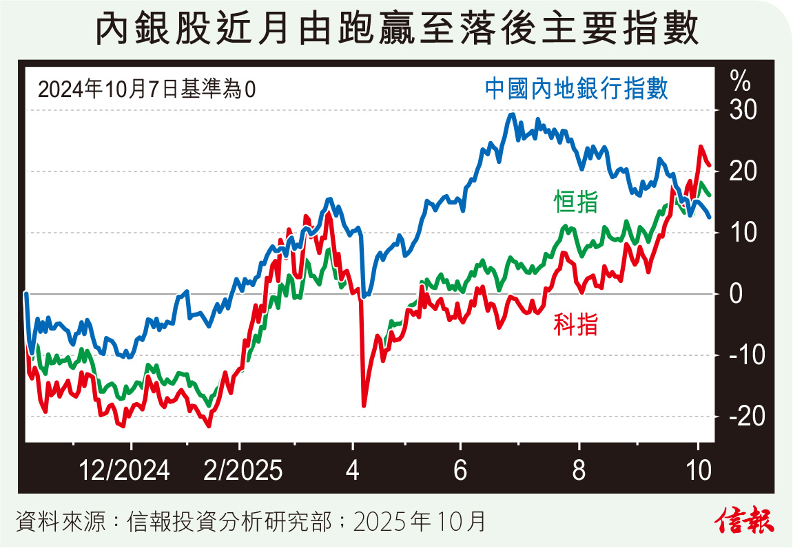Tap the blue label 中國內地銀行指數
tap(576, 89)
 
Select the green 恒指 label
tap(575, 202)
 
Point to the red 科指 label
tap(575, 324)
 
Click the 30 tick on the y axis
tap(739, 110)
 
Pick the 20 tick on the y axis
tap(739, 171)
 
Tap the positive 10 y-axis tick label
tap(739, 233)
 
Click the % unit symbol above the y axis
tap(741, 82)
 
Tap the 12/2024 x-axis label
tap(124, 472)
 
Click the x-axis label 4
tap(353, 472)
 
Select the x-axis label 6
tap(461, 472)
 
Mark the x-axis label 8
tap(579, 472)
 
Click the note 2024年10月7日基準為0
tap(146, 89)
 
